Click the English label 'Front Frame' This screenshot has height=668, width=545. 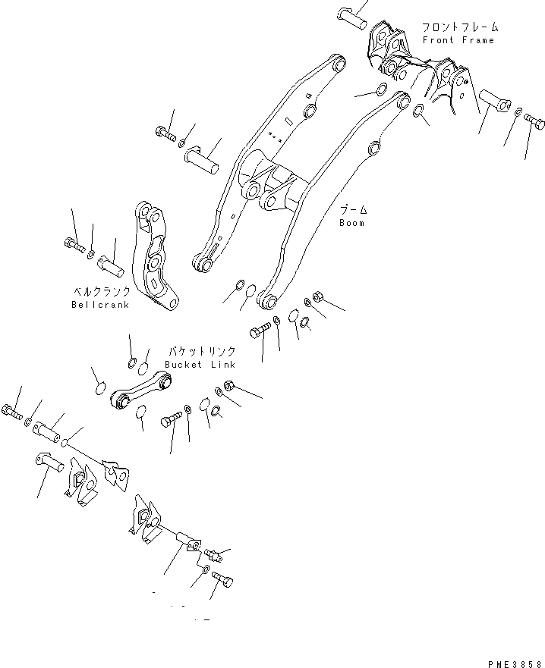[x=458, y=40]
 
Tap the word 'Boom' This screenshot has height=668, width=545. [x=351, y=223]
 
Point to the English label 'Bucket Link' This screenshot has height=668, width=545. [x=194, y=365]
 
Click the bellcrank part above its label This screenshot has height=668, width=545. [x=157, y=259]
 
